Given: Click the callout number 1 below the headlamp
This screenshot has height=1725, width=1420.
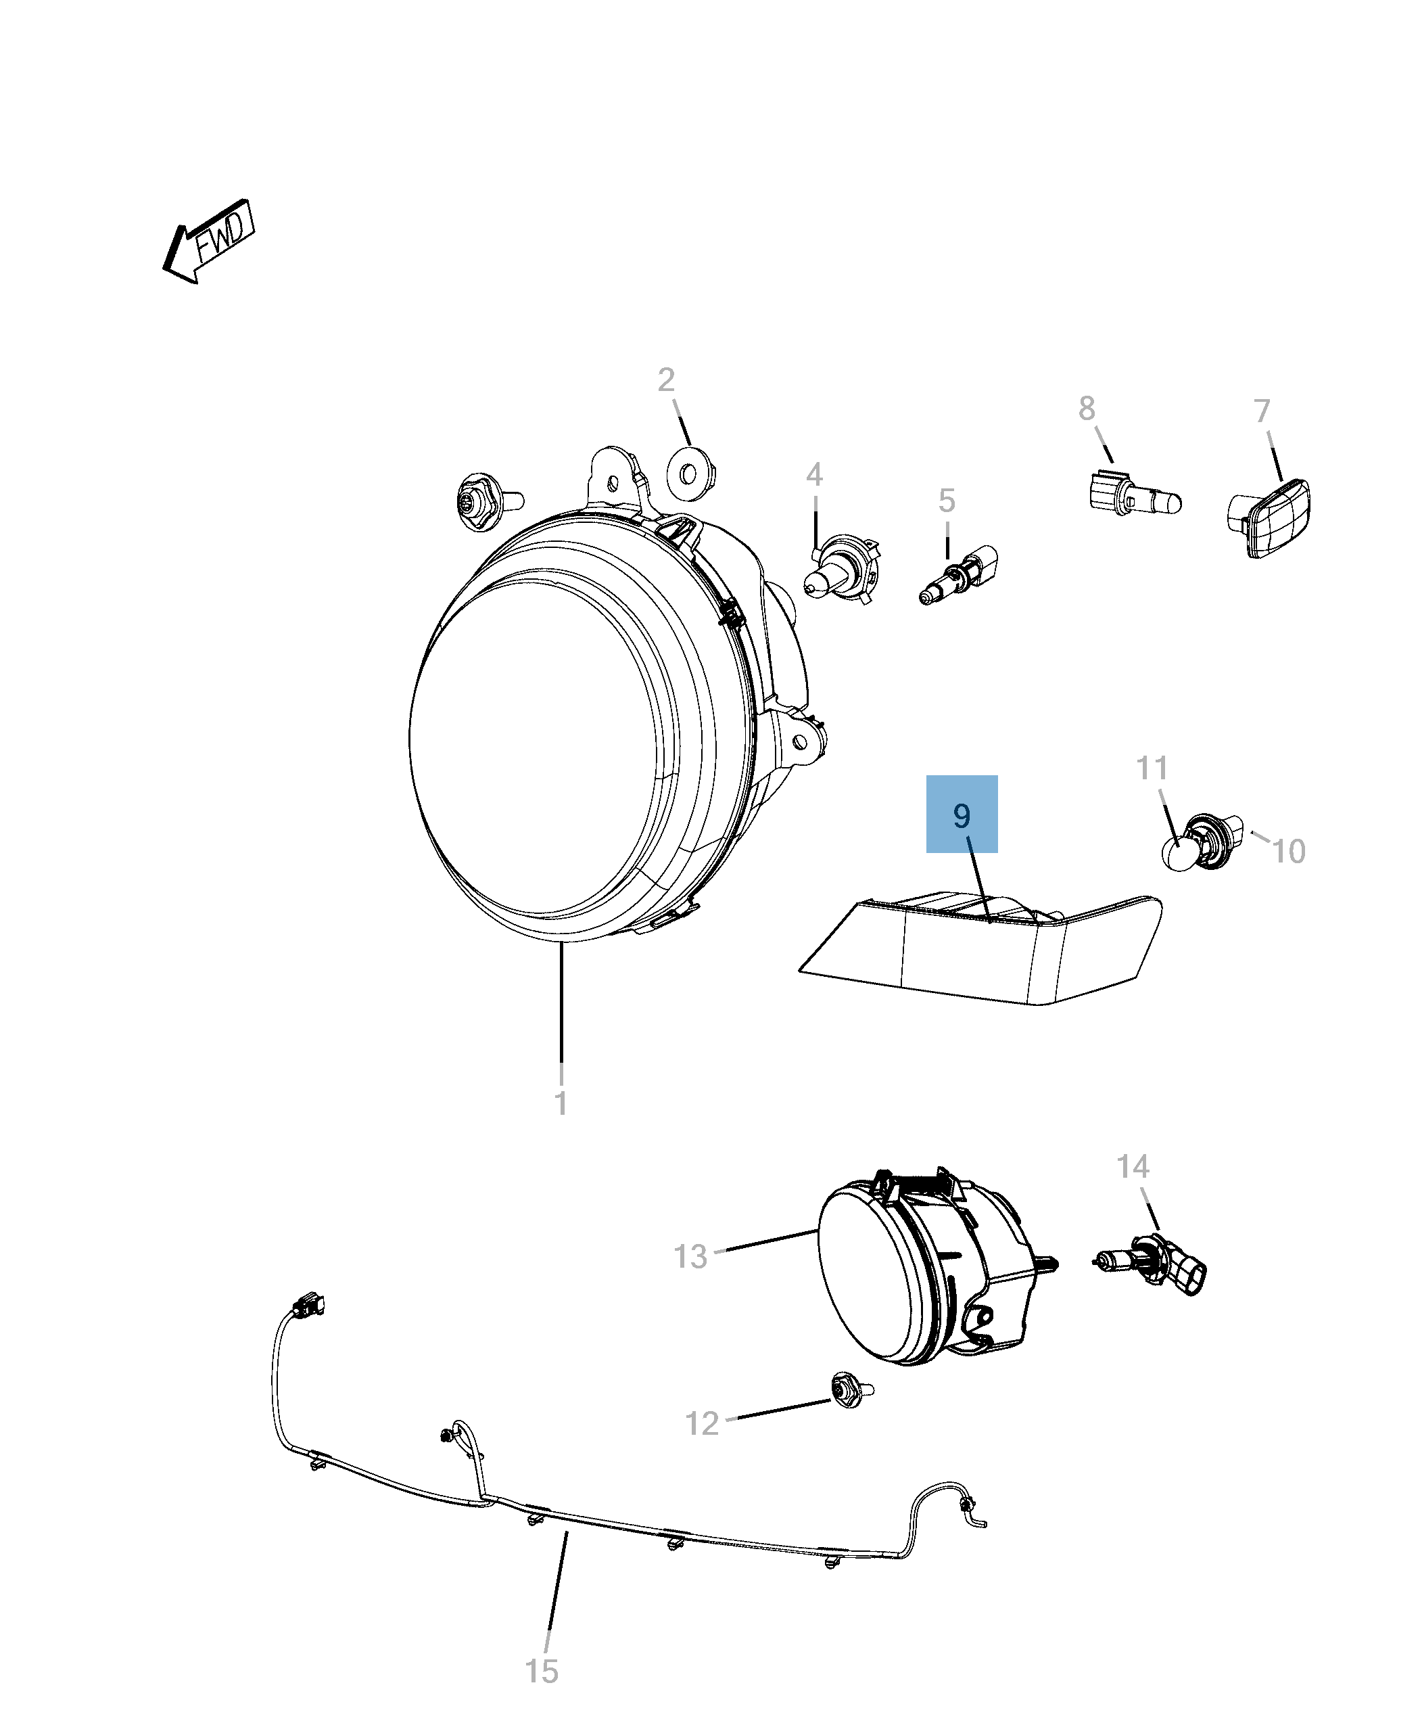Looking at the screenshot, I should [x=561, y=1103].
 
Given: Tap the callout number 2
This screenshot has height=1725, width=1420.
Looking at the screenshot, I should [x=666, y=379].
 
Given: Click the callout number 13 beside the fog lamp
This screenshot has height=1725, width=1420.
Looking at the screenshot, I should [x=690, y=1256].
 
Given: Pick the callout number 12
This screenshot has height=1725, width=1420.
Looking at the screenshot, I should [x=702, y=1424].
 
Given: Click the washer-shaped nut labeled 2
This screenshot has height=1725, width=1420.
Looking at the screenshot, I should [x=689, y=473].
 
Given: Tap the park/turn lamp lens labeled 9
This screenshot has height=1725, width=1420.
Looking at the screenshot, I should [x=982, y=949].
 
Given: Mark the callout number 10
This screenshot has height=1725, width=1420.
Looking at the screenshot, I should [x=1288, y=852].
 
